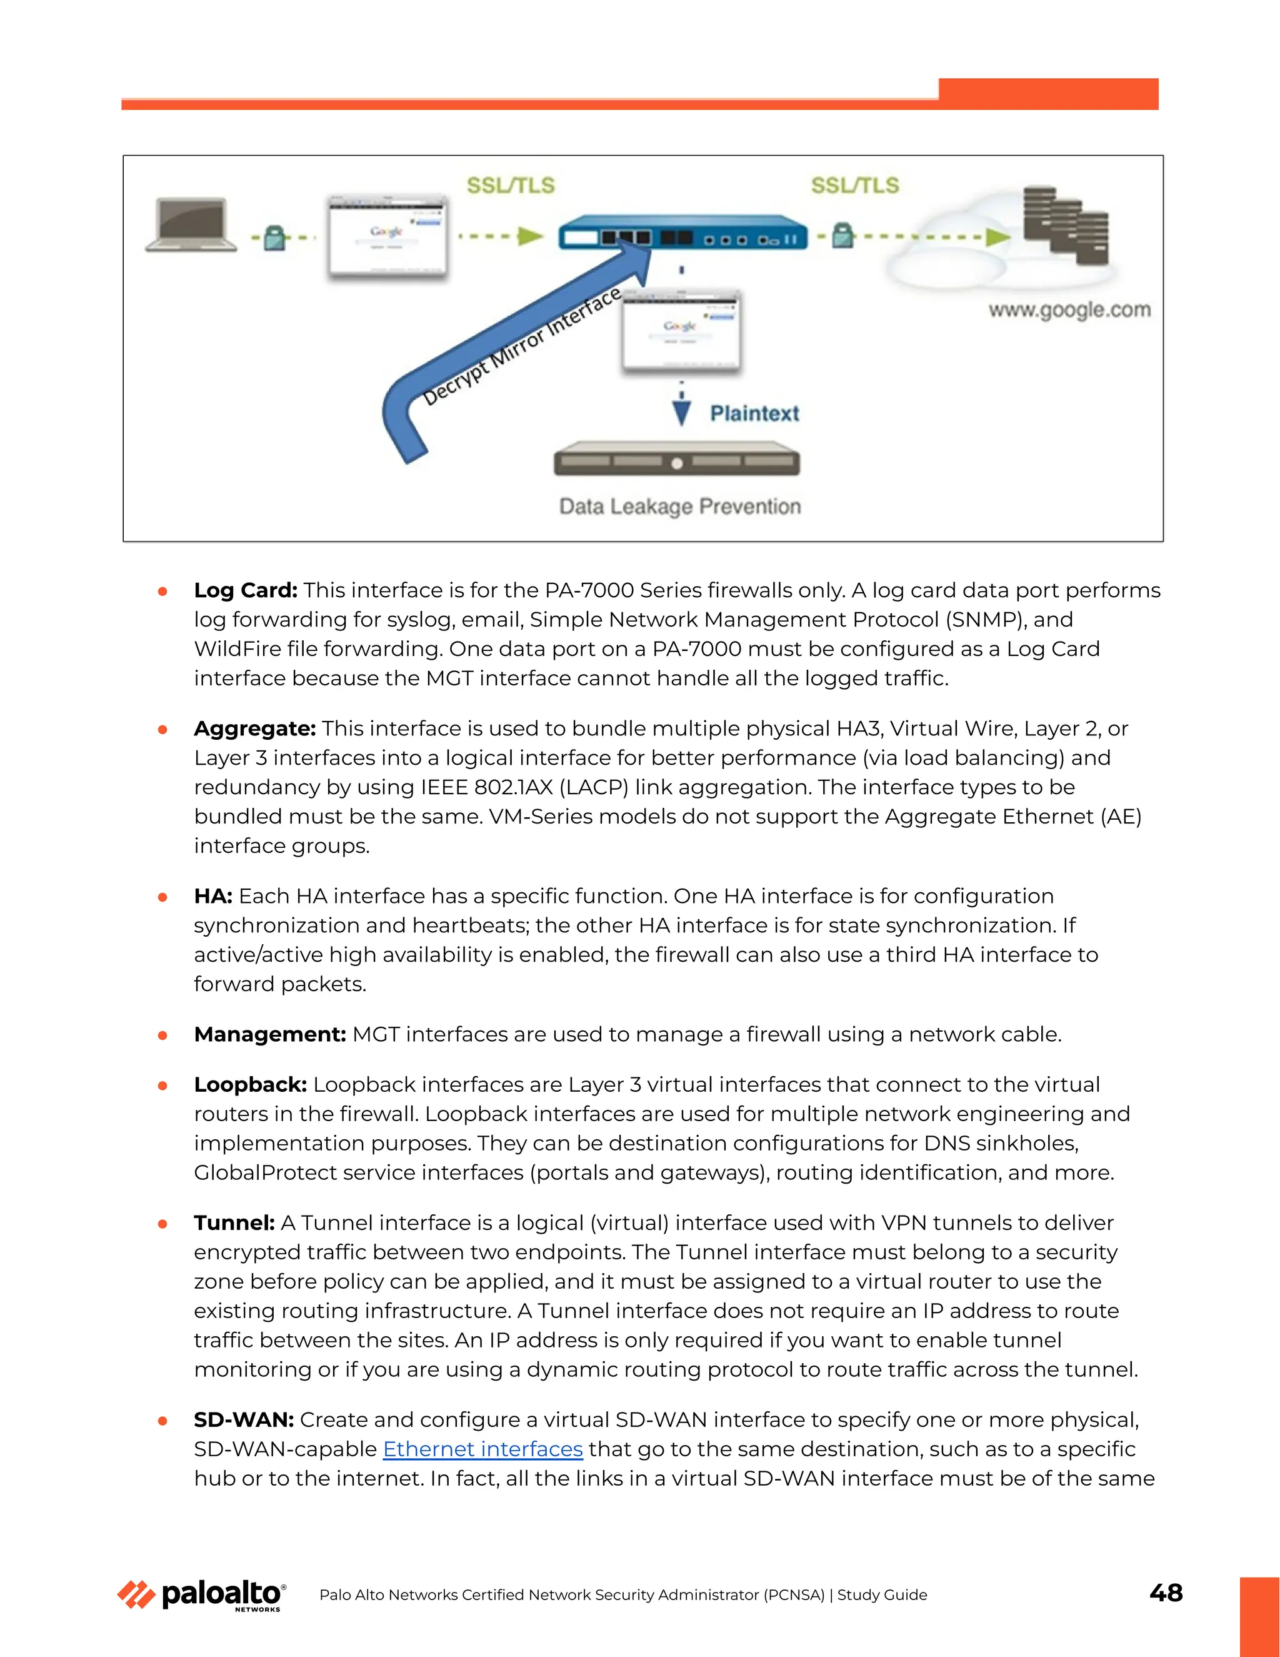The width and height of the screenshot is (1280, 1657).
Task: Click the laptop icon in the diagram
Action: point(191,224)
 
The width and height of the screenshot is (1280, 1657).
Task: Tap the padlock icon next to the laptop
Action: point(275,238)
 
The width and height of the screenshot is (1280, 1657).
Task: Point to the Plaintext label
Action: point(754,413)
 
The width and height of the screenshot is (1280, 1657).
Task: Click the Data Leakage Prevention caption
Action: point(679,506)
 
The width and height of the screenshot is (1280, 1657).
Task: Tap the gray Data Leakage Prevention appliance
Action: point(676,461)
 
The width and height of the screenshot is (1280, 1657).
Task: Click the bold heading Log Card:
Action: point(246,590)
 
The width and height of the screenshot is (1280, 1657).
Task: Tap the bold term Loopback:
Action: point(250,1084)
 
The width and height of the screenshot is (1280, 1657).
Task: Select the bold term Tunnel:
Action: point(234,1222)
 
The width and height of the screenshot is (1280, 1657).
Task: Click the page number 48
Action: point(1166,1593)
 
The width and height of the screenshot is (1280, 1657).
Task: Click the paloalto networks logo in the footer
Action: point(202,1595)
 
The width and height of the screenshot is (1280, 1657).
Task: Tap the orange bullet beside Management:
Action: point(162,1035)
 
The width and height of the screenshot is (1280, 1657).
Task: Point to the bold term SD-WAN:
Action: point(243,1419)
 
